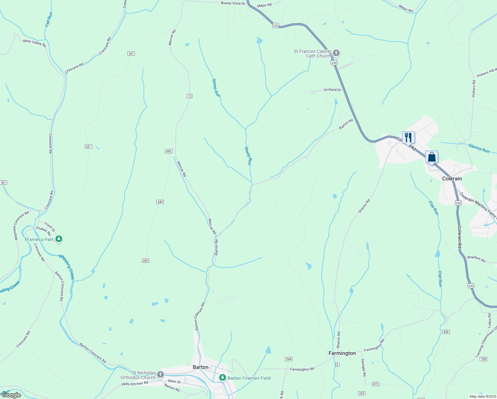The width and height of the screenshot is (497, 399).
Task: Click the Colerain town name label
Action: click(x=452, y=179)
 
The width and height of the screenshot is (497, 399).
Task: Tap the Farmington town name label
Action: click(x=342, y=353)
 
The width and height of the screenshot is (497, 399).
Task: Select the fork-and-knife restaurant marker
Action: click(x=408, y=137)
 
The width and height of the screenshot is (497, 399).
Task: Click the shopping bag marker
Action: click(x=432, y=157)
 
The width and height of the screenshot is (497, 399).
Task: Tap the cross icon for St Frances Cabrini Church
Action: click(x=336, y=53)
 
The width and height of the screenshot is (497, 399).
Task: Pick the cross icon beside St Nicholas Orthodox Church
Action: click(x=160, y=375)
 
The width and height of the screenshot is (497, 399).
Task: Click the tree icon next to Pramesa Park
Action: click(x=59, y=239)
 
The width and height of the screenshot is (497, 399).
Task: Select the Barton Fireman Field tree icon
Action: click(x=223, y=378)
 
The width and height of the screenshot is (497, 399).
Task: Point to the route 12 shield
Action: click(x=189, y=96)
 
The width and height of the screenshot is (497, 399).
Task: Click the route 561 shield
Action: click(x=3, y=183)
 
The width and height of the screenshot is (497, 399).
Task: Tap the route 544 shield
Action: click(x=288, y=359)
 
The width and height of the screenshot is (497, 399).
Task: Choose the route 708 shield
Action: click(x=483, y=359)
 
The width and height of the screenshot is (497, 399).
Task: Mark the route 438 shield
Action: click(x=446, y=332)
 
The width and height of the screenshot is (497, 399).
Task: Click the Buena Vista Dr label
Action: click(x=233, y=3)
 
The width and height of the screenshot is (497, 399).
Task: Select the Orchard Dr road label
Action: click(x=332, y=90)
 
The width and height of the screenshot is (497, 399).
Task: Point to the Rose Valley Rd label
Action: click(x=35, y=43)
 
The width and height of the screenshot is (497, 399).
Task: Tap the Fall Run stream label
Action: click(x=49, y=20)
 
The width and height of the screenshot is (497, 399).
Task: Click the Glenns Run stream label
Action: click(x=479, y=148)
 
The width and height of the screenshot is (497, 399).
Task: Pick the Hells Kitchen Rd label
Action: click(x=135, y=383)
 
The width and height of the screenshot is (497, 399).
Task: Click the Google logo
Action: click(x=11, y=395)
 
